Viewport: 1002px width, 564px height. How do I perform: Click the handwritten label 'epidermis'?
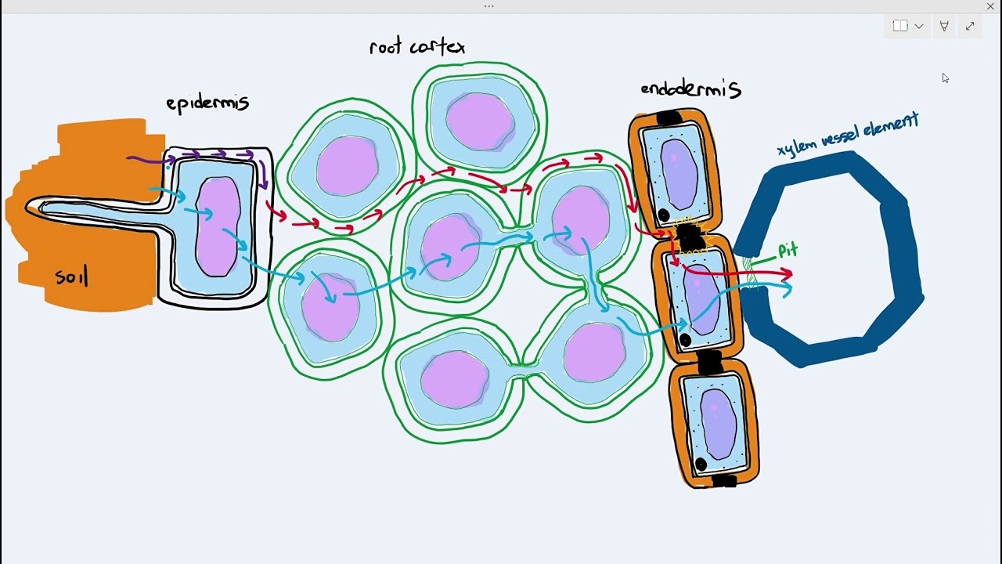coord(207,103)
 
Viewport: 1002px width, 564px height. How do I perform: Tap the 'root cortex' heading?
coord(417,46)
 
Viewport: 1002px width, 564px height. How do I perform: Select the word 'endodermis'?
coord(691,89)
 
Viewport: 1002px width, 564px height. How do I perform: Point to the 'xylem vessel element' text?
coord(848,134)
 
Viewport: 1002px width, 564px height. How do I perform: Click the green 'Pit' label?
coord(788,250)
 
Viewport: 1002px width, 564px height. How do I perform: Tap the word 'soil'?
coord(71,276)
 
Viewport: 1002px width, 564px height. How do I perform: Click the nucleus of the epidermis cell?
coord(218,226)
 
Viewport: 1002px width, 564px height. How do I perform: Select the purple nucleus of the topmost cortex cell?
coord(481,121)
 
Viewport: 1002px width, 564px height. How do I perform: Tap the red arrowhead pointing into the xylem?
coord(787,273)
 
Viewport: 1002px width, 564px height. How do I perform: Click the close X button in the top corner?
coord(990,6)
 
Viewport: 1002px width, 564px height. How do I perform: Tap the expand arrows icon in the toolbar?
coord(970,27)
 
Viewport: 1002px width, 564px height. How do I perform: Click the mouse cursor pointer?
coord(945,78)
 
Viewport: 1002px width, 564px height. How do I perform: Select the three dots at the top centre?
coord(489,6)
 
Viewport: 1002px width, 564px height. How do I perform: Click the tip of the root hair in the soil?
coord(27,208)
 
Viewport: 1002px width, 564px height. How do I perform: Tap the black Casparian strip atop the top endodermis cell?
coord(669,117)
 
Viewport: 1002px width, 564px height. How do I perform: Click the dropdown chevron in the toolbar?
coord(919,27)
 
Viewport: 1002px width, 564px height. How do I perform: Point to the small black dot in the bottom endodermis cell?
coord(701,464)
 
